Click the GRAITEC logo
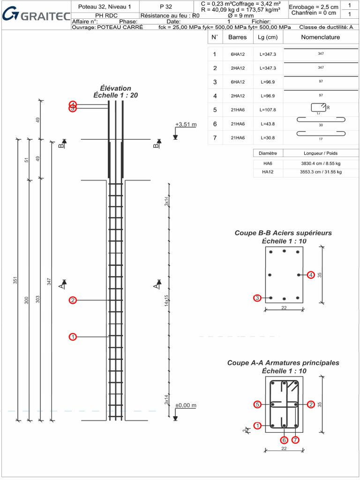point(36,16)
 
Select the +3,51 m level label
point(186,124)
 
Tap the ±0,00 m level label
point(186,405)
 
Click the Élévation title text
point(115,88)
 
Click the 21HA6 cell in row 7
point(238,138)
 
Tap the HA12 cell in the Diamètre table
point(268,172)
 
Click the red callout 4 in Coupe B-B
point(311,275)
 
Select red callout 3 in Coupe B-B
point(257,298)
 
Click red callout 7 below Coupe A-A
point(295,440)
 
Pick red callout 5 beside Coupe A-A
point(257,405)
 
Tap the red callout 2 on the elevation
point(73,300)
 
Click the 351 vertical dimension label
point(15,280)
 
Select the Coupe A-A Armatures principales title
point(283,363)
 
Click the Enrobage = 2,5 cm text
point(313,7)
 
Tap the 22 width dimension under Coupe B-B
point(284,307)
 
